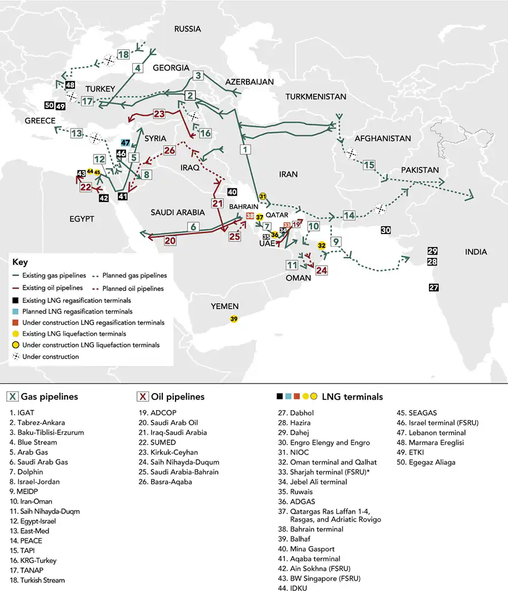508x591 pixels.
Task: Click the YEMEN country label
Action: [x=224, y=306]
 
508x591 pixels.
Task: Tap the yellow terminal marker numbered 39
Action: [x=233, y=319]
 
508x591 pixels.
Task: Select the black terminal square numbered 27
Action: [x=433, y=288]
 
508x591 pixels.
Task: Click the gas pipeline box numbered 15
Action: [x=369, y=165]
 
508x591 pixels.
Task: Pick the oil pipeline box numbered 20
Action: [x=170, y=241]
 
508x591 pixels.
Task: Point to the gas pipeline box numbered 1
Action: [x=245, y=150]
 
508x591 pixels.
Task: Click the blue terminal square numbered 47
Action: [x=126, y=143]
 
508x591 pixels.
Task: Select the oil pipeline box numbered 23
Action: [x=159, y=114]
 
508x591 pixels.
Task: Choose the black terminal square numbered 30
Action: [x=386, y=230]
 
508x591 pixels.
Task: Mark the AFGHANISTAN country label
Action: [x=383, y=139]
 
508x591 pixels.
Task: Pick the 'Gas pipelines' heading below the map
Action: [x=49, y=396]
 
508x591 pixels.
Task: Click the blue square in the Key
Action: [x=16, y=311]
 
